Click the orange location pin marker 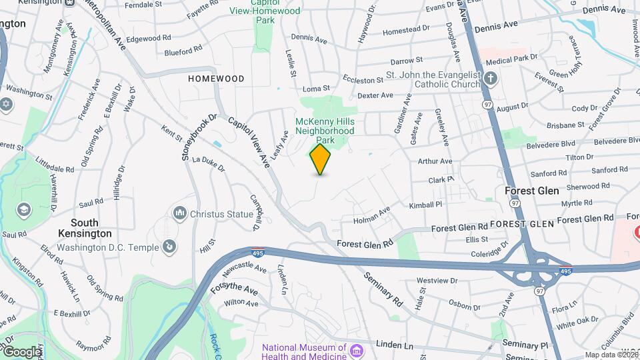pyautogui.click(x=321, y=159)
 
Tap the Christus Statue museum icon pyautogui.click(x=179, y=213)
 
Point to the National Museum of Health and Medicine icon pyautogui.click(x=357, y=351)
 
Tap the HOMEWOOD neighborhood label pyautogui.click(x=216, y=79)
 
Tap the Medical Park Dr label pyautogui.click(x=511, y=59)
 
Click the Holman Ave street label pyautogui.click(x=371, y=215)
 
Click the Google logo pyautogui.click(x=22, y=352)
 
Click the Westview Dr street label pyautogui.click(x=437, y=281)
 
